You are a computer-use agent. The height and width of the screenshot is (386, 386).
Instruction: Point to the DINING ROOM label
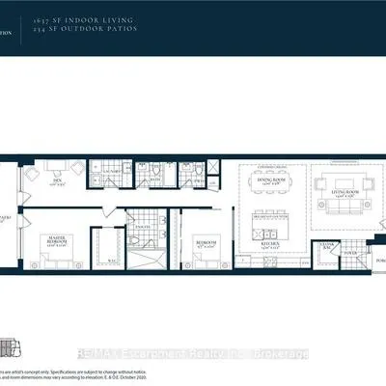[x=267, y=179]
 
